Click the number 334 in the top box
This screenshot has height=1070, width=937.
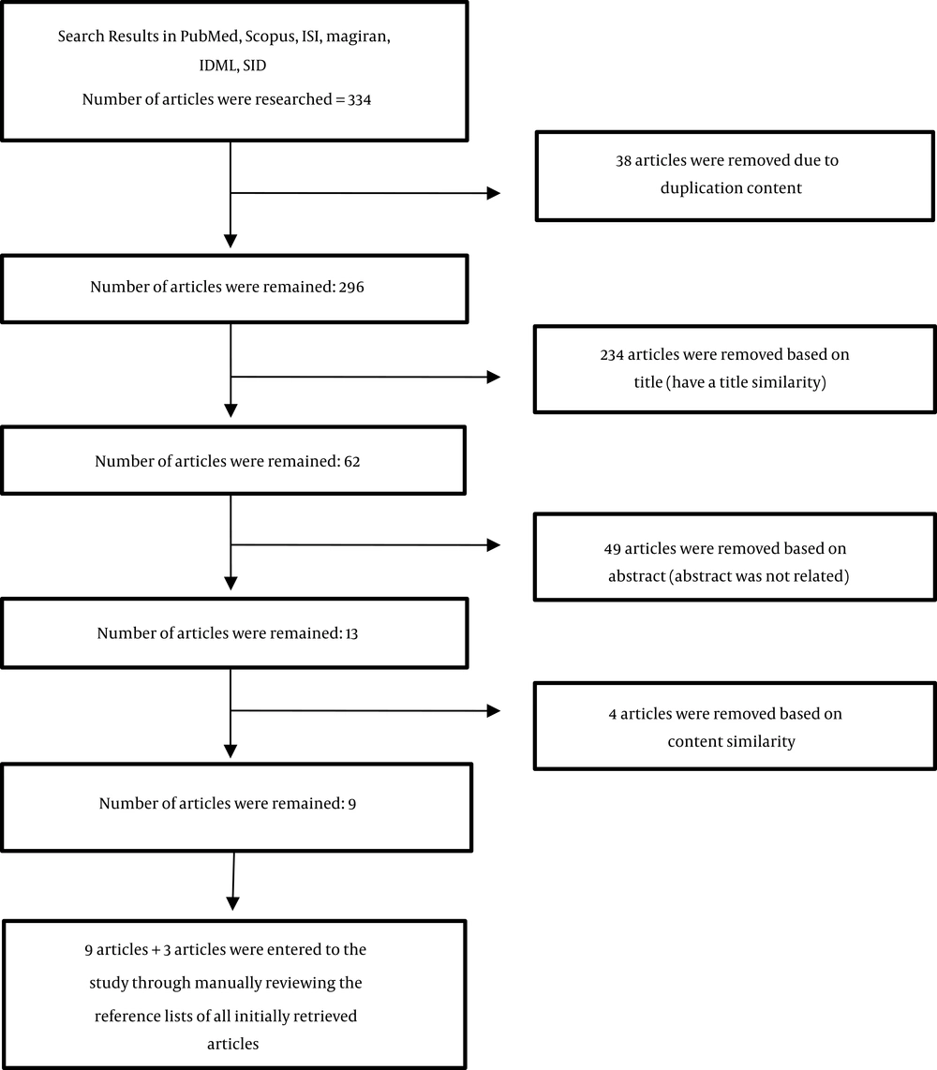(359, 99)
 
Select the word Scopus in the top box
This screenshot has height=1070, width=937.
(270, 37)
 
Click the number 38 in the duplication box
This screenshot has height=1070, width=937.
(623, 160)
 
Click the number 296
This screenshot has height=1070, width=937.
(351, 288)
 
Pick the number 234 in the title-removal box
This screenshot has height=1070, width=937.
(612, 355)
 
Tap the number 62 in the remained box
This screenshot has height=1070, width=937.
(352, 462)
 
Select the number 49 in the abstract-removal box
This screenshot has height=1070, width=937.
(612, 549)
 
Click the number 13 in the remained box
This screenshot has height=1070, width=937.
(351, 634)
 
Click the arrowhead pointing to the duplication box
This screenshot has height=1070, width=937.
(494, 193)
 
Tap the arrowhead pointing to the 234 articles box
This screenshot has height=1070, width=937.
(494, 377)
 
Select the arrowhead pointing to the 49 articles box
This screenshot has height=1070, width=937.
(494, 544)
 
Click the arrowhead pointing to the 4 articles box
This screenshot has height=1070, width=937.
(494, 711)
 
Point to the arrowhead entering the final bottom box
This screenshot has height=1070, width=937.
(232, 903)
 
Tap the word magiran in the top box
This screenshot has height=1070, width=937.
(358, 37)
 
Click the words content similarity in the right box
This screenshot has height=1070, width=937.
(732, 742)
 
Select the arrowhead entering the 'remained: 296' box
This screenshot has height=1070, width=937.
(231, 242)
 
